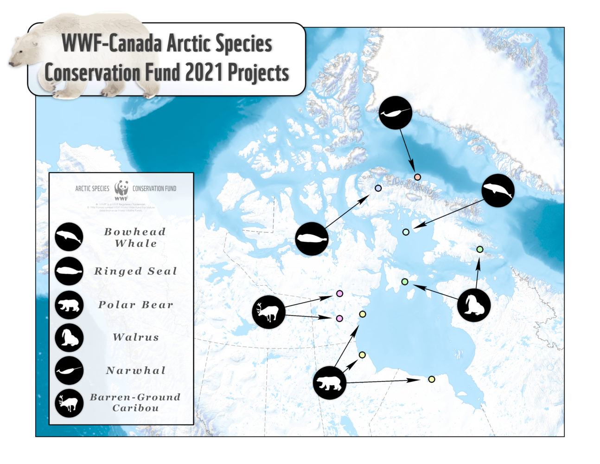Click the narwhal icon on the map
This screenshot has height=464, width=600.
point(396,113)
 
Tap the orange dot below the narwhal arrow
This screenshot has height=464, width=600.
point(417,177)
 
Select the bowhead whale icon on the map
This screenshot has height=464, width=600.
point(498,191)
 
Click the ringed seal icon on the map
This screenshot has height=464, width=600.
point(312,238)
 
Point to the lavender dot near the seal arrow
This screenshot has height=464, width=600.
point(378,188)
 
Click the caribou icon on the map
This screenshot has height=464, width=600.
point(268,312)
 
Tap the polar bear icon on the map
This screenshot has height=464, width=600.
point(330,383)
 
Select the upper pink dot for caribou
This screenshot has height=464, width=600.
point(339,294)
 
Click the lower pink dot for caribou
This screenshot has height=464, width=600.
point(339,318)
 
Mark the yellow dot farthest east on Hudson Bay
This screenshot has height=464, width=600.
point(432,379)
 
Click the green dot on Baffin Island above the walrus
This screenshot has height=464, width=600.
point(480,250)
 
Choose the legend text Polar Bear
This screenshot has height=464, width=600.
point(135,305)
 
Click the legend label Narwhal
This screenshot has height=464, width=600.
point(135,370)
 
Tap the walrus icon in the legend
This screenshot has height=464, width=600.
point(69,338)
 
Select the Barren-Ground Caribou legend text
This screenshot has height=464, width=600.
point(135,402)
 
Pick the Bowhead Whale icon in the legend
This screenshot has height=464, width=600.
point(69,237)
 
